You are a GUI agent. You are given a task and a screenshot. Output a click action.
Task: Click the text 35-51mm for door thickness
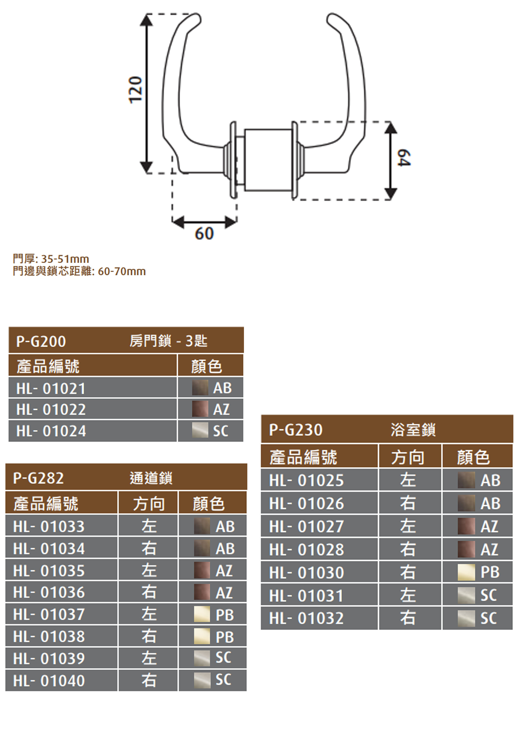tap(65, 259)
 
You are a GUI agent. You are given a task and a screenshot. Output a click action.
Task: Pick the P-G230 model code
tap(296, 430)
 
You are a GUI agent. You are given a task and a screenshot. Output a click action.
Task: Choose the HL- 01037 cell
tap(49, 614)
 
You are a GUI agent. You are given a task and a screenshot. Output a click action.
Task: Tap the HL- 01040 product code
tap(49, 681)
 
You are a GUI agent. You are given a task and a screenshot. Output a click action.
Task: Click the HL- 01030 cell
tap(306, 573)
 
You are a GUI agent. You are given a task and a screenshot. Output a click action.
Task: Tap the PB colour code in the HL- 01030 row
tap(490, 572)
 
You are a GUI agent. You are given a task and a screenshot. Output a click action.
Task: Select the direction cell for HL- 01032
tap(408, 618)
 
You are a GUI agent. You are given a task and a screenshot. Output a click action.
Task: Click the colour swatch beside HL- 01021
tap(200, 388)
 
